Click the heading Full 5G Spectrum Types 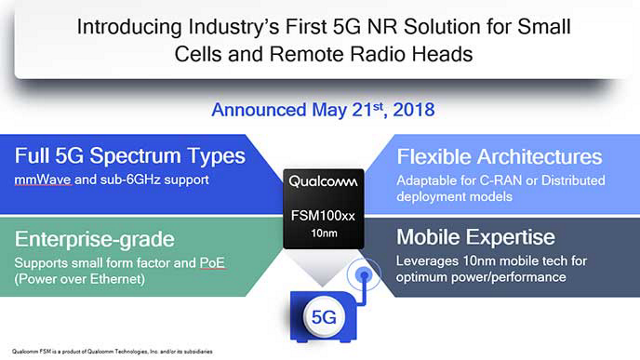click(x=130, y=157)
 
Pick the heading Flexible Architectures click(x=499, y=157)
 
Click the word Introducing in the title click(x=125, y=29)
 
